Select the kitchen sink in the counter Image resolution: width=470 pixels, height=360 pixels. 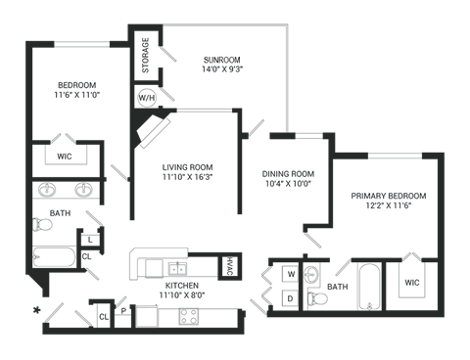pos(177,266)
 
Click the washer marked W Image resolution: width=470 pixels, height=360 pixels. pos(291,273)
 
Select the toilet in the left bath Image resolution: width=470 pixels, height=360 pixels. pos(42,226)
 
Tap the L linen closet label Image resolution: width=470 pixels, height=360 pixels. pos(89,239)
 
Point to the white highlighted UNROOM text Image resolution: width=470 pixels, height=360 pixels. pos(223,59)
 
